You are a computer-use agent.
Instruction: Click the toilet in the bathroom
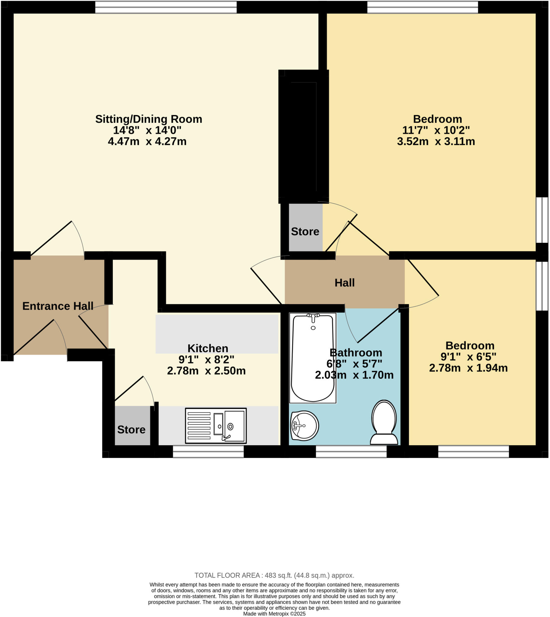click(x=384, y=423)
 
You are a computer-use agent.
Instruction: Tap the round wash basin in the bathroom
click(x=304, y=426)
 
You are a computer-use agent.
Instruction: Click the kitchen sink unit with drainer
click(x=216, y=426)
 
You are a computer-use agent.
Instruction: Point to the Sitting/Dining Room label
click(x=149, y=119)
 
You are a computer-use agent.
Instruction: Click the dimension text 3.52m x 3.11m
click(x=436, y=141)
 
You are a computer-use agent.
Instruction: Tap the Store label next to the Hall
click(x=305, y=232)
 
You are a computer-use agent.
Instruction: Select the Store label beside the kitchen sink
click(x=131, y=430)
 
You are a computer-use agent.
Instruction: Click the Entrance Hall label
click(x=58, y=306)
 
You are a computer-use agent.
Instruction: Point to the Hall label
click(x=345, y=283)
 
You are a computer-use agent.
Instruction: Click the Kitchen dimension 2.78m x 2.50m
click(x=207, y=371)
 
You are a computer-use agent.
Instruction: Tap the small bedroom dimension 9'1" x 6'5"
click(x=468, y=357)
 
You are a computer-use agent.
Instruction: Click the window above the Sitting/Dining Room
click(x=166, y=7)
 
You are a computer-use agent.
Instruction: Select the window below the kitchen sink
click(x=208, y=452)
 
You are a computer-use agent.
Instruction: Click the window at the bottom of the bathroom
click(x=351, y=452)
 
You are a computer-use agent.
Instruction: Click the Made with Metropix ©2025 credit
click(x=274, y=614)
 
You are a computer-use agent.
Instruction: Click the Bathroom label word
click(x=356, y=352)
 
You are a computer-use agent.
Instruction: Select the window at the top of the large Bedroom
click(x=422, y=7)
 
